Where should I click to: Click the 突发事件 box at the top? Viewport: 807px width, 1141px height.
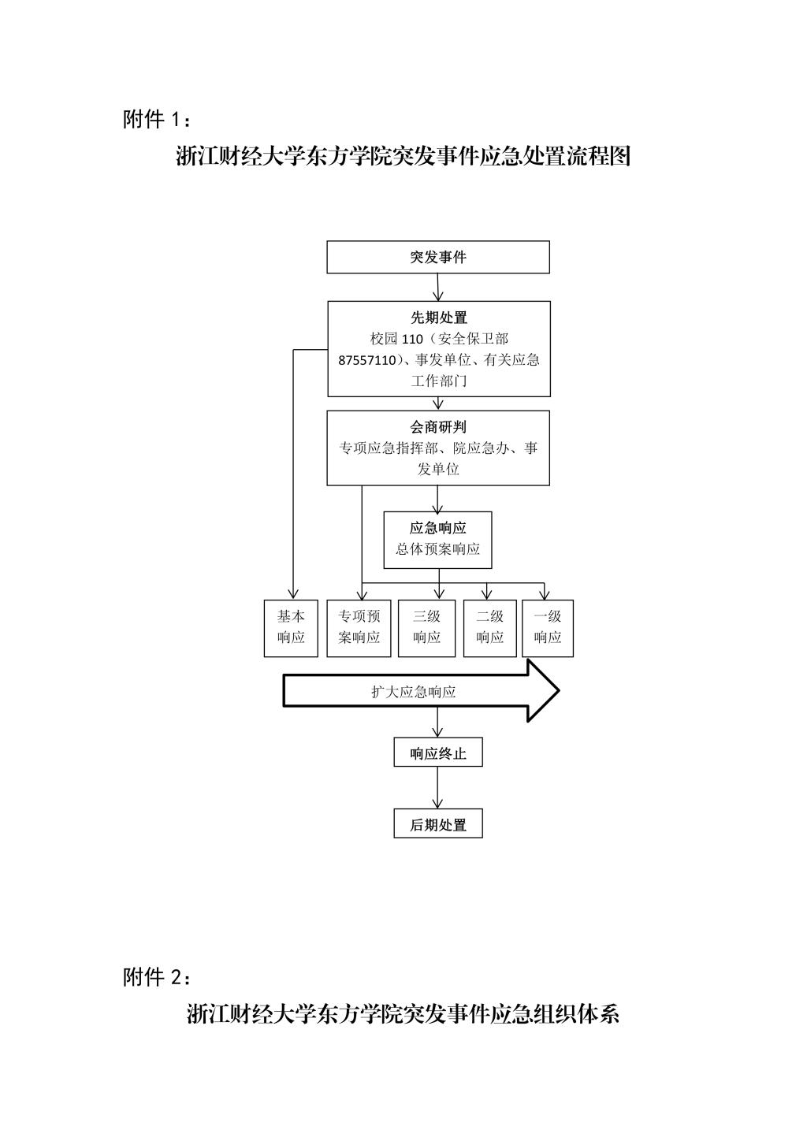pyautogui.click(x=438, y=258)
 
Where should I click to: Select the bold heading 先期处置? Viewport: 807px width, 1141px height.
pyautogui.click(x=438, y=318)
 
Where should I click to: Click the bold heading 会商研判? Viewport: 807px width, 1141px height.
pyautogui.click(x=438, y=427)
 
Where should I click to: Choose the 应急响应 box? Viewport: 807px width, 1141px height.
pyautogui.click(x=438, y=540)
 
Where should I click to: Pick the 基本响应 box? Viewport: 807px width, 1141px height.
pyautogui.click(x=291, y=628)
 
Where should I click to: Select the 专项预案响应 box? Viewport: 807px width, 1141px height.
pyautogui.click(x=359, y=628)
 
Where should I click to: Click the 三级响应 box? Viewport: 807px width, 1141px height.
pyautogui.click(x=426, y=628)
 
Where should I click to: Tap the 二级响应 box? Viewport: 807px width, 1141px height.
pyautogui.click(x=489, y=628)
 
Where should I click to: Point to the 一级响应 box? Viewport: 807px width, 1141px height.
pyautogui.click(x=548, y=628)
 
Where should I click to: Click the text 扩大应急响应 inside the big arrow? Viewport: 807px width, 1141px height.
pyautogui.click(x=414, y=692)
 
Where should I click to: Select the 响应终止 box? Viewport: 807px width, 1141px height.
pyautogui.click(x=438, y=753)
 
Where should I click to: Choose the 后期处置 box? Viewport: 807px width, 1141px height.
pyautogui.click(x=438, y=824)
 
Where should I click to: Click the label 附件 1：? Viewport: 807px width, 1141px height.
pyautogui.click(x=157, y=120)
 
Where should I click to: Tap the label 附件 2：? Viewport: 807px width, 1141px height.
pyautogui.click(x=157, y=977)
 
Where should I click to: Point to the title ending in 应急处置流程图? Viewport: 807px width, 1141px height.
pyautogui.click(x=403, y=156)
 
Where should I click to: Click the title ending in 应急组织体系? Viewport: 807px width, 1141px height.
pyautogui.click(x=403, y=1013)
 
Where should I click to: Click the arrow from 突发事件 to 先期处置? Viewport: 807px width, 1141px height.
pyautogui.click(x=438, y=288)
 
